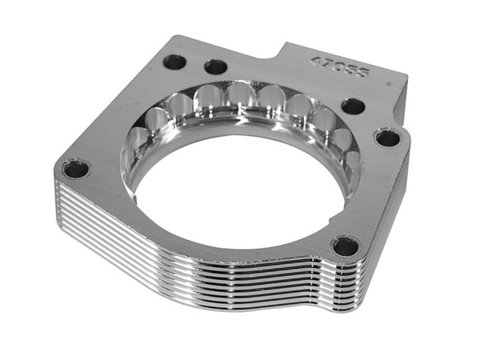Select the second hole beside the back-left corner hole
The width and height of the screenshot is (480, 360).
click(x=215, y=66)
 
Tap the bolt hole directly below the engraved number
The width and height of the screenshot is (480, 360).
click(x=353, y=106)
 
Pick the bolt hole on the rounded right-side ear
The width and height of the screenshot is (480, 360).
click(x=388, y=138)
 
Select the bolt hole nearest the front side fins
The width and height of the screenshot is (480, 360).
click(x=345, y=246)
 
